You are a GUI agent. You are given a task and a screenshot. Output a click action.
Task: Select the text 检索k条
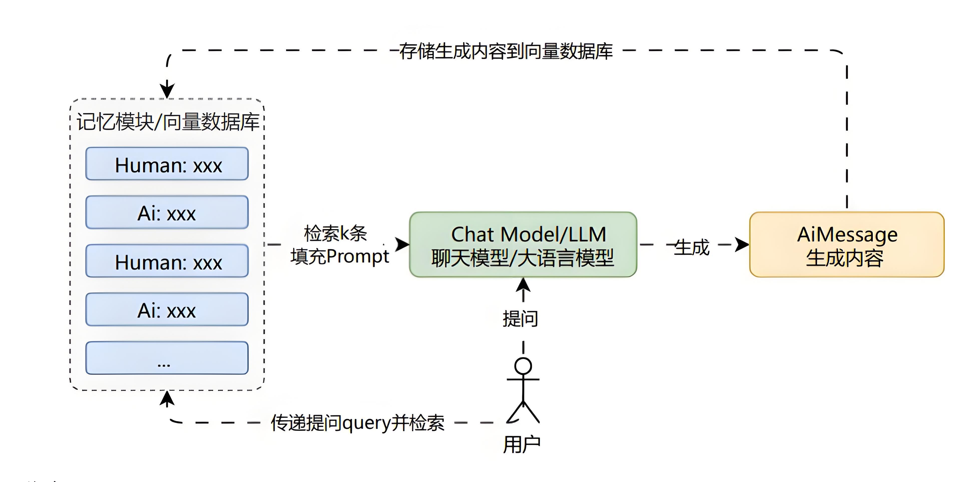coord(335,233)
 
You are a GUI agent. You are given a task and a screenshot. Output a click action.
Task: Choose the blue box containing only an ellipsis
coord(167,358)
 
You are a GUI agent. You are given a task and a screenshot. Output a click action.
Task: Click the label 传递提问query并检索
coord(357,422)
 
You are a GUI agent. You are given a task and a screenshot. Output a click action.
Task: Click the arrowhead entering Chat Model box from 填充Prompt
coord(402,244)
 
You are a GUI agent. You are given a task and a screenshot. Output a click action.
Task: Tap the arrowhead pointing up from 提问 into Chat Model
coord(523,285)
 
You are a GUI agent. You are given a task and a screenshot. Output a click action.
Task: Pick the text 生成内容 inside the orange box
coord(845,259)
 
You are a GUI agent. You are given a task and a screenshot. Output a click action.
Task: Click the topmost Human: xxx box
coord(167,164)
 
